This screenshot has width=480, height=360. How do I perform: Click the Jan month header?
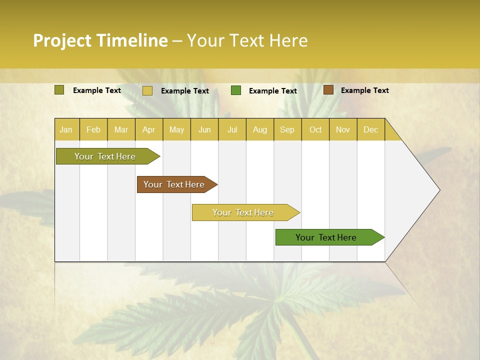tap(66, 129)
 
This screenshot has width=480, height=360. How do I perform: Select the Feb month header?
tap(93, 129)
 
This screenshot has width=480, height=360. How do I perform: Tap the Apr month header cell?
tap(149, 129)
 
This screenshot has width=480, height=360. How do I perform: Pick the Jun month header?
tap(204, 129)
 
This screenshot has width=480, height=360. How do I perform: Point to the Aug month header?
tap(260, 129)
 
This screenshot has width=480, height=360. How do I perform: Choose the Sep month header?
tap(287, 129)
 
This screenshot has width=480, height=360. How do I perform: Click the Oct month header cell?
tap(315, 129)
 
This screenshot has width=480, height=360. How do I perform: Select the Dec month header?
tap(371, 129)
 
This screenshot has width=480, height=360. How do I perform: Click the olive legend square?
tap(59, 90)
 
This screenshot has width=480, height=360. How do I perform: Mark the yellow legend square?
tap(147, 90)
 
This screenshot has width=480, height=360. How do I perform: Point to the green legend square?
tap(236, 90)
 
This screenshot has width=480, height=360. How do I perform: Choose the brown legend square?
tap(328, 90)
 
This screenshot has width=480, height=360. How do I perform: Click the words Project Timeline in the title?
tap(100, 40)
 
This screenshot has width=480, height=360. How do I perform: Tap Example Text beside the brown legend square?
tap(364, 90)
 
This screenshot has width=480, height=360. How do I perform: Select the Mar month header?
tap(121, 129)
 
